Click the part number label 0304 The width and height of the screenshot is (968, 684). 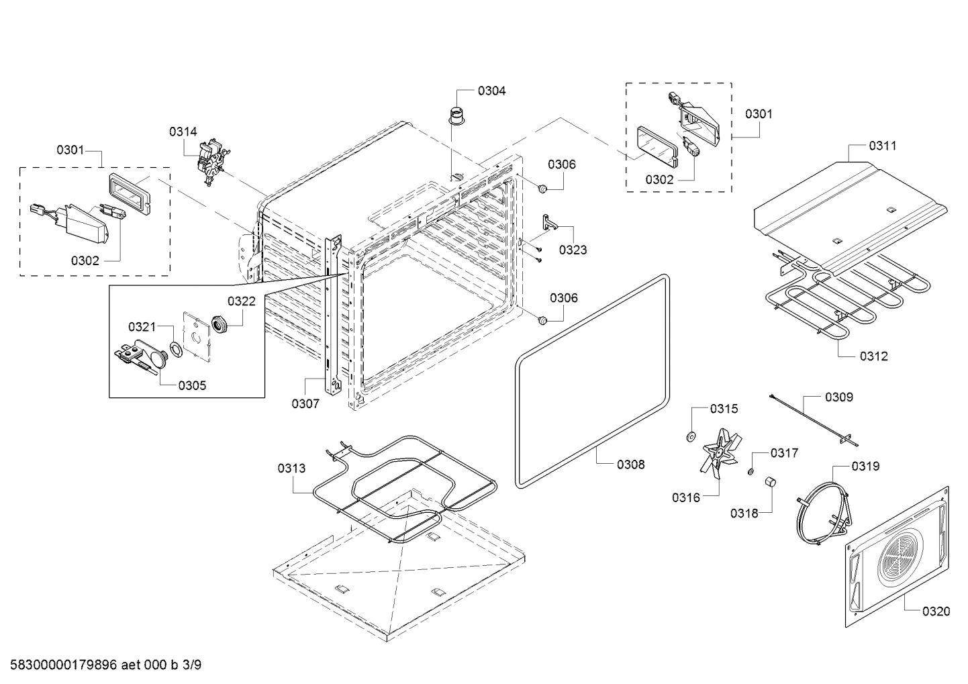pos(491,91)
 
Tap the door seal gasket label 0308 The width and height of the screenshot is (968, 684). pos(630,464)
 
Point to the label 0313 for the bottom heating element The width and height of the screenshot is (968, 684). pos(291,468)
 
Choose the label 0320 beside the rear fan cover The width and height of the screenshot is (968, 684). pos(936,611)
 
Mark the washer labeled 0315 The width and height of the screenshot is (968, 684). pos(690,437)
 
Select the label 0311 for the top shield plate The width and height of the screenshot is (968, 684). pos(882,146)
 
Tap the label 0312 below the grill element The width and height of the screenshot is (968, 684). pos(873,356)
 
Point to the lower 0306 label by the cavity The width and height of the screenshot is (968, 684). pos(563,298)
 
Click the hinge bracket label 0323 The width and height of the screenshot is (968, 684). pos(573,250)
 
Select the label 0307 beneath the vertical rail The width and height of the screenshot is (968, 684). pos(305,403)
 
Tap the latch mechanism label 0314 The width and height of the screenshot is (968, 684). pos(183,132)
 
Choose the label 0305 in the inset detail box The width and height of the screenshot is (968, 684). pos(192,385)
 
